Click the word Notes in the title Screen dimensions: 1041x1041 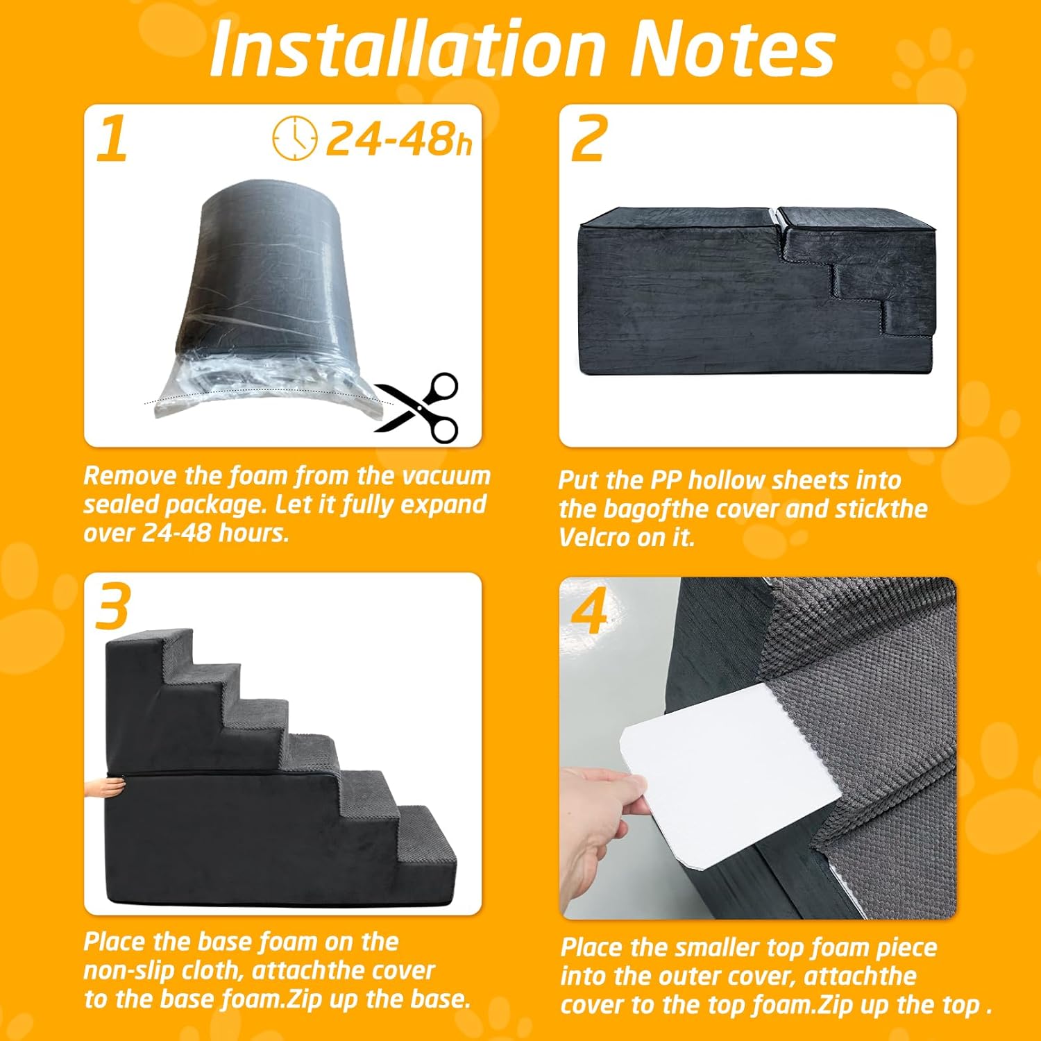[732, 49]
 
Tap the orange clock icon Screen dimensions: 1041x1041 [294, 139]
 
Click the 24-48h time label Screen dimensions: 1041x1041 [399, 139]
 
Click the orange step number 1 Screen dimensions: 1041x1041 [112, 139]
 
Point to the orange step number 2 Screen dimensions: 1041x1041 [589, 139]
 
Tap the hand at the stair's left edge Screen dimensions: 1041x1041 [104, 786]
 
